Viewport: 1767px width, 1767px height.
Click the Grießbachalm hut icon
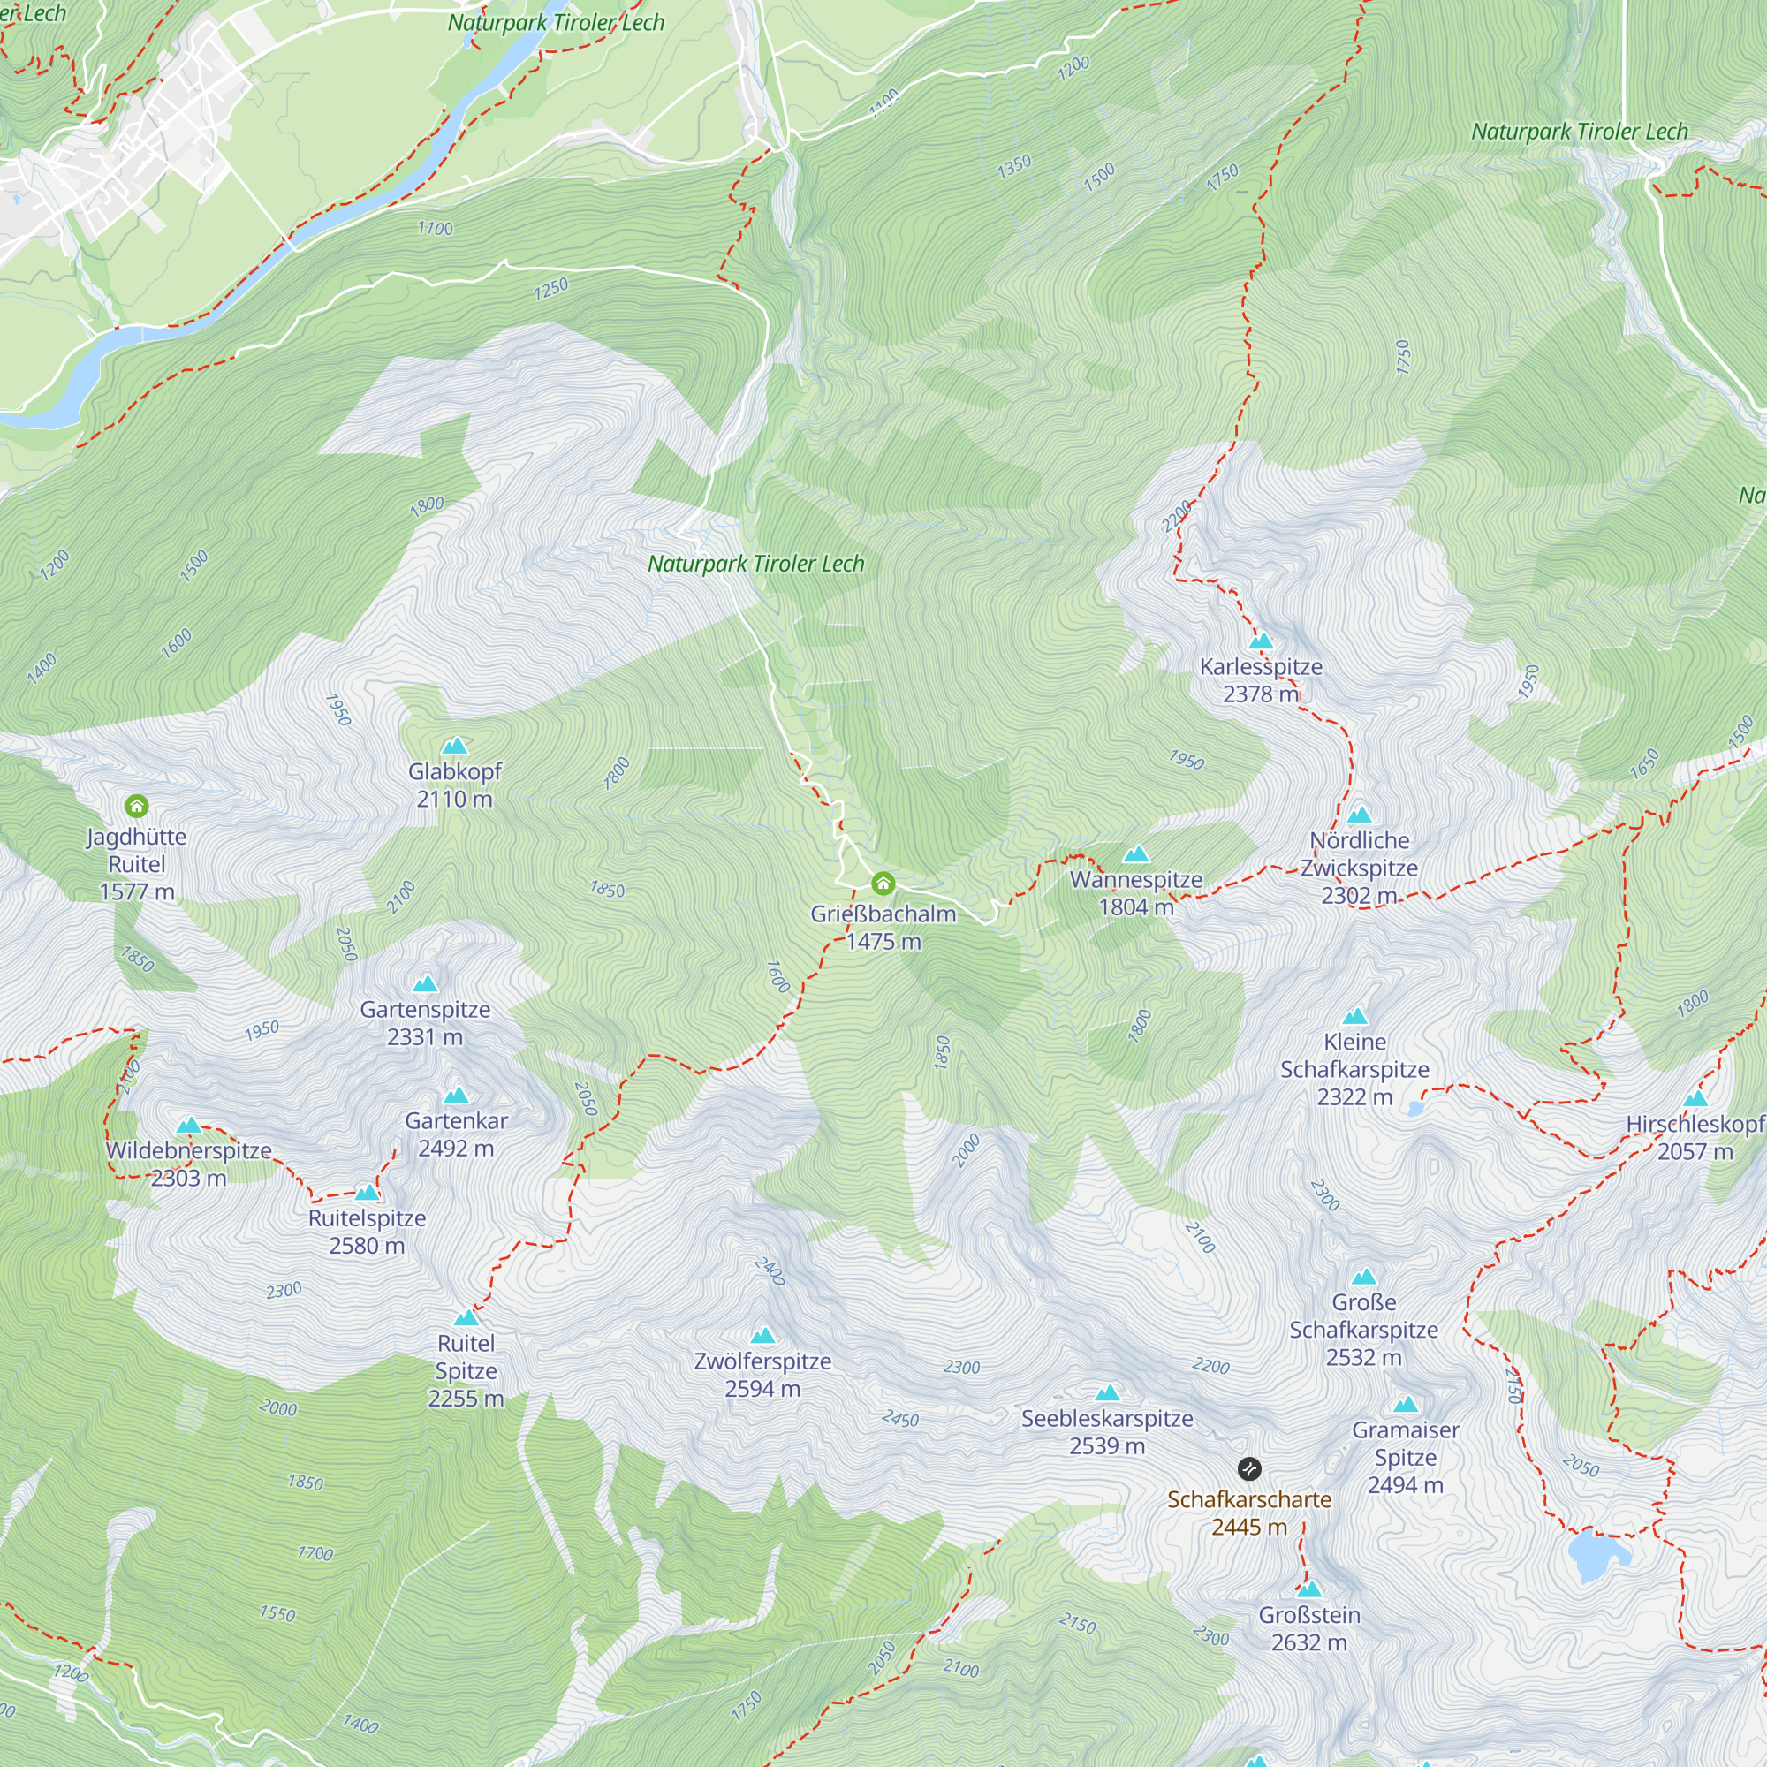883,883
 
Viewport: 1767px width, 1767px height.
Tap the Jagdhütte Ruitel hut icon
136,807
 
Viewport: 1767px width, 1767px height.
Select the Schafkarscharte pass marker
1249,1469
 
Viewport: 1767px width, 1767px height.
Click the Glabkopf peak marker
454,747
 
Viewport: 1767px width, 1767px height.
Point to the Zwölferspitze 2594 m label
762,1375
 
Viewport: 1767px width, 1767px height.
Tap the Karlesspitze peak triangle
1262,641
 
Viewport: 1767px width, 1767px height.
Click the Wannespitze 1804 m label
1136,892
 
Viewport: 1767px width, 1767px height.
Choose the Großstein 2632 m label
1308,1629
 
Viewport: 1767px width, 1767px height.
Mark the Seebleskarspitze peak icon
1108,1393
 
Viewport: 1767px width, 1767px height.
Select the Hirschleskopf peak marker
1695,1099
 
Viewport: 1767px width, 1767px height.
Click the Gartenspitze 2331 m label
425,1022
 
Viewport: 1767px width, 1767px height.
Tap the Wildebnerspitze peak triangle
188,1125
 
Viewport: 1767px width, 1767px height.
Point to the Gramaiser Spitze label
1405,1457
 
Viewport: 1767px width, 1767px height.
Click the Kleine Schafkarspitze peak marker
1355,1016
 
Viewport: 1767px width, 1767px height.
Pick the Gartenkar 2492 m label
456,1134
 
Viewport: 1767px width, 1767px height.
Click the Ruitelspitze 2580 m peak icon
367,1193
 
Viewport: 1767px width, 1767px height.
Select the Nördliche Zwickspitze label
1359,867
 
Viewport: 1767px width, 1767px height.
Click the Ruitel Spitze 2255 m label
466,1370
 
